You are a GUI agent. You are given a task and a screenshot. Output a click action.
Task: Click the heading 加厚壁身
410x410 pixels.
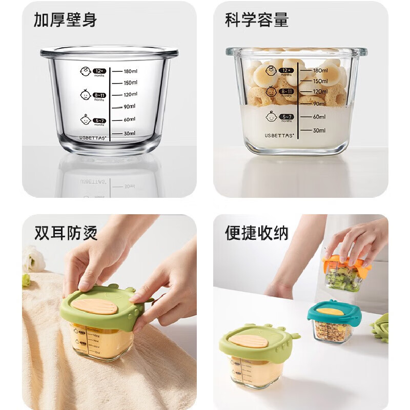[x=65, y=20]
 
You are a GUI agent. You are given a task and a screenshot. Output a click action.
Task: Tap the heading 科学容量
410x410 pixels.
[x=257, y=20]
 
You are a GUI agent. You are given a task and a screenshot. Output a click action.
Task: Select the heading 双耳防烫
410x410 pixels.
[x=65, y=233]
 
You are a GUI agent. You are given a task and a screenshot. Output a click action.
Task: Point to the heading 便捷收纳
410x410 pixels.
[x=257, y=233]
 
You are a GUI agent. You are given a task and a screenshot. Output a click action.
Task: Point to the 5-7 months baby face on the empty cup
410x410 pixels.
[x=85, y=119]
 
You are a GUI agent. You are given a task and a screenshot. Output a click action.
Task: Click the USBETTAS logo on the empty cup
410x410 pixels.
[x=92, y=137]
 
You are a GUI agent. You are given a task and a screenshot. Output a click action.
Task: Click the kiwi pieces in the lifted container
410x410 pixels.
[x=343, y=280]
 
